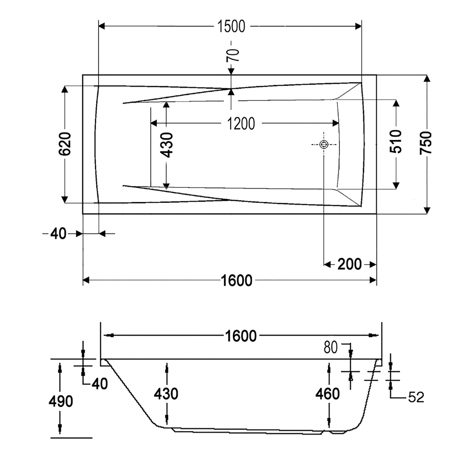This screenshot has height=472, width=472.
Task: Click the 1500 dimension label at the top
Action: coord(231,26)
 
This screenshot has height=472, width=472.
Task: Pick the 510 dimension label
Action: coord(396,141)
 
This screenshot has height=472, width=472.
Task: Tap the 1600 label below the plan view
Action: coord(237,280)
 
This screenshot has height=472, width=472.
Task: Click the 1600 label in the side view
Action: coord(241,336)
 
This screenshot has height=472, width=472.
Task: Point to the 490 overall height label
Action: coord(61,401)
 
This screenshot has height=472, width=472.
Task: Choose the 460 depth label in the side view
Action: coord(328,394)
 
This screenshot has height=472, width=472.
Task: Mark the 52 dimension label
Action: coord(416,397)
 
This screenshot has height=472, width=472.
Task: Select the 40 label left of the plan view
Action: coord(59,234)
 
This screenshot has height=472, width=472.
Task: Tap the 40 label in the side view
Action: coord(100,384)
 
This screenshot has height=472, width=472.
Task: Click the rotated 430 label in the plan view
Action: coord(166,145)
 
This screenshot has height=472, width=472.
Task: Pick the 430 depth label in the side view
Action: coord(166,394)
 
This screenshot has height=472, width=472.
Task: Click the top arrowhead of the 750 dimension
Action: coord(427,78)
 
